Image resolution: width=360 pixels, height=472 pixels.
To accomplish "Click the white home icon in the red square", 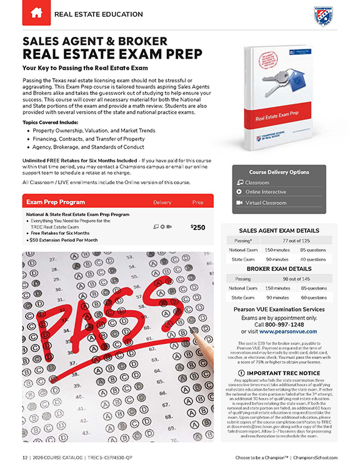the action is tap(36, 12).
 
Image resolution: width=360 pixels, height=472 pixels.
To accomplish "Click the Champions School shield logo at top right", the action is tap(322, 15).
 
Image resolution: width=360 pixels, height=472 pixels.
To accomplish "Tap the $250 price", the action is tap(197, 227).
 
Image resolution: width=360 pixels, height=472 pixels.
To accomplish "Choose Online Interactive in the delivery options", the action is tap(266, 192).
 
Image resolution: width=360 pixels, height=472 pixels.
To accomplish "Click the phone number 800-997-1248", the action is tap(287, 325).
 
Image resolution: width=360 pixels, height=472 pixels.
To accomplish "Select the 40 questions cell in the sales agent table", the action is tap(312, 259).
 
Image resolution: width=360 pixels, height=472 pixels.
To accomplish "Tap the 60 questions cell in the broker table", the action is tap(312, 298).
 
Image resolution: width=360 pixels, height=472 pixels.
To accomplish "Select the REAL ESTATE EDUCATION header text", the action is tap(94, 12).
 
